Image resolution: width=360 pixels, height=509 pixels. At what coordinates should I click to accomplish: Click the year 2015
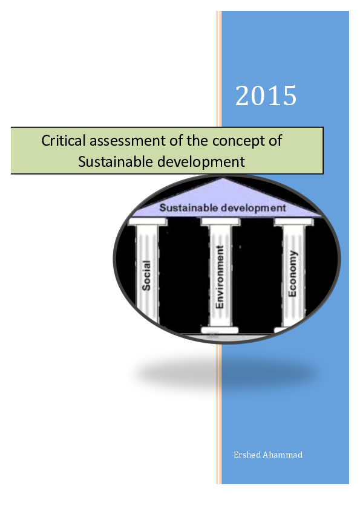pyautogui.click(x=266, y=96)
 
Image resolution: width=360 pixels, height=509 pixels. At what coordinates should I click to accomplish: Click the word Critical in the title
pyautogui.click(x=64, y=141)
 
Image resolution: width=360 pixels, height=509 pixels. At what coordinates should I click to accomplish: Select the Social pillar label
pyautogui.click(x=146, y=275)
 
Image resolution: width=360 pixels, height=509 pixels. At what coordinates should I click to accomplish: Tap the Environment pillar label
pyautogui.click(x=220, y=277)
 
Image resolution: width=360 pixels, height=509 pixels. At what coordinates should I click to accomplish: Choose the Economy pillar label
pyautogui.click(x=292, y=273)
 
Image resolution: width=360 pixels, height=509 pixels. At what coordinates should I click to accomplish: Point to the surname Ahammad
pyautogui.click(x=283, y=455)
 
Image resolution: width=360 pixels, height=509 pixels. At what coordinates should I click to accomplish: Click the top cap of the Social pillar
pyautogui.click(x=148, y=222)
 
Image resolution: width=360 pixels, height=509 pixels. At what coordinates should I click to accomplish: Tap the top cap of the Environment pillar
pyautogui.click(x=220, y=222)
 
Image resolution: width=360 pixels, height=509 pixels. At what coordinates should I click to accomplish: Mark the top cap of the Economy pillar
pyautogui.click(x=293, y=222)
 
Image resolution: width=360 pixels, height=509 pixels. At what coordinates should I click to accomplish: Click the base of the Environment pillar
pyautogui.click(x=220, y=330)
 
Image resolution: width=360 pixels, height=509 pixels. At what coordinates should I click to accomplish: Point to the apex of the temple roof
pyautogui.click(x=223, y=178)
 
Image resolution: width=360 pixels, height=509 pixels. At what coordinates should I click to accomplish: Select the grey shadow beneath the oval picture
pyautogui.click(x=226, y=374)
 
